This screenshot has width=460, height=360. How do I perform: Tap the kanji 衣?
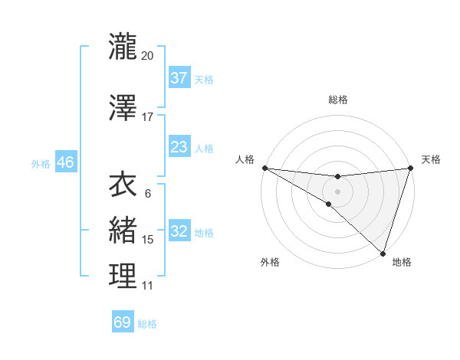coord(123,186)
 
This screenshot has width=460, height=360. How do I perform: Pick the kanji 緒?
coord(123,229)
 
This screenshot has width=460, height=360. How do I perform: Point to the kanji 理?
coord(123,276)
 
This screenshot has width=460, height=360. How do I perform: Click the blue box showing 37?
coord(179,78)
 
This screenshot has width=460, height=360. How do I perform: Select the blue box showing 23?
coord(179,147)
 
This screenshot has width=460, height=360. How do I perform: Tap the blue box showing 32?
coord(179,232)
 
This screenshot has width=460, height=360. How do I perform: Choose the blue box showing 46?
coord(65,162)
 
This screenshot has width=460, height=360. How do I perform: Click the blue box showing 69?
coord(123,322)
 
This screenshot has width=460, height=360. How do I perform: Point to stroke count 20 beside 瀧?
coord(148,55)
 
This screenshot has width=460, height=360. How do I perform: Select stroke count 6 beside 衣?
coord(148,194)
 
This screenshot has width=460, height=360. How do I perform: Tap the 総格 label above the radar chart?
coord(338,100)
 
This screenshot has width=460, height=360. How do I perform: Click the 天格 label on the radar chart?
coord(431,159)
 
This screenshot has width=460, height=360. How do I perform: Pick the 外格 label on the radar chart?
coord(270,262)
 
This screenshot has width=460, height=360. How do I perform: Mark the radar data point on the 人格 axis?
coord(264,167)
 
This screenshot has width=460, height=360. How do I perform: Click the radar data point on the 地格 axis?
coord(383,253)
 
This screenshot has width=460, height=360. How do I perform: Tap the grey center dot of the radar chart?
coord(337,191)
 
